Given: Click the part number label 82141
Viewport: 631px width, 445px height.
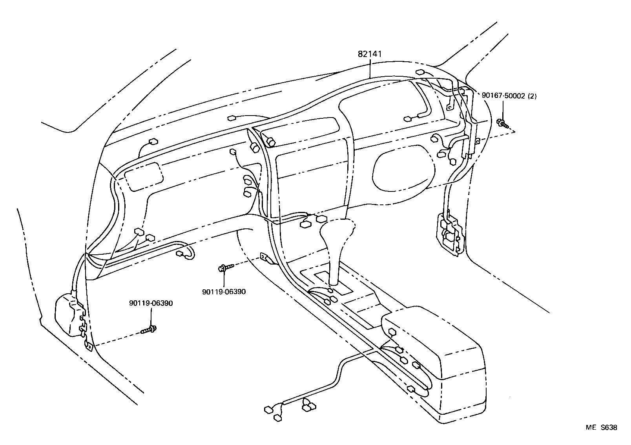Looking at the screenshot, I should pyautogui.click(x=369, y=54).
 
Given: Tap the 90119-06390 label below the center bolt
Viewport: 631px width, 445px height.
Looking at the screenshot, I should pyautogui.click(x=224, y=292).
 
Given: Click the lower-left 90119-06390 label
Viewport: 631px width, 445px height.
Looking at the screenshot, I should pyautogui.click(x=151, y=303).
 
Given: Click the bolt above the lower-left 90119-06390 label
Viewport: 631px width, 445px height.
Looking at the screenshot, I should pyautogui.click(x=150, y=329).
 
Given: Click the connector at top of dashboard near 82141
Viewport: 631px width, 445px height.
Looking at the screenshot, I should pyautogui.click(x=419, y=72).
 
